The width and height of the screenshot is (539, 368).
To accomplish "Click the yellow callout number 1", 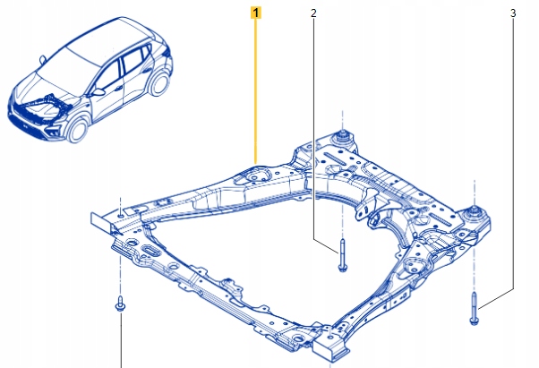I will (256, 13).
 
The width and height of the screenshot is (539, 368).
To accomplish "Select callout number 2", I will (313, 13).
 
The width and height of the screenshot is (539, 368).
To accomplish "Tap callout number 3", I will (513, 13).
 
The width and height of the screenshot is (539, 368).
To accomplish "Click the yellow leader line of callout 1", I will (256, 90).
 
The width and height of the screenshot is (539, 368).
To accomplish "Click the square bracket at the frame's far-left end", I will (106, 219).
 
